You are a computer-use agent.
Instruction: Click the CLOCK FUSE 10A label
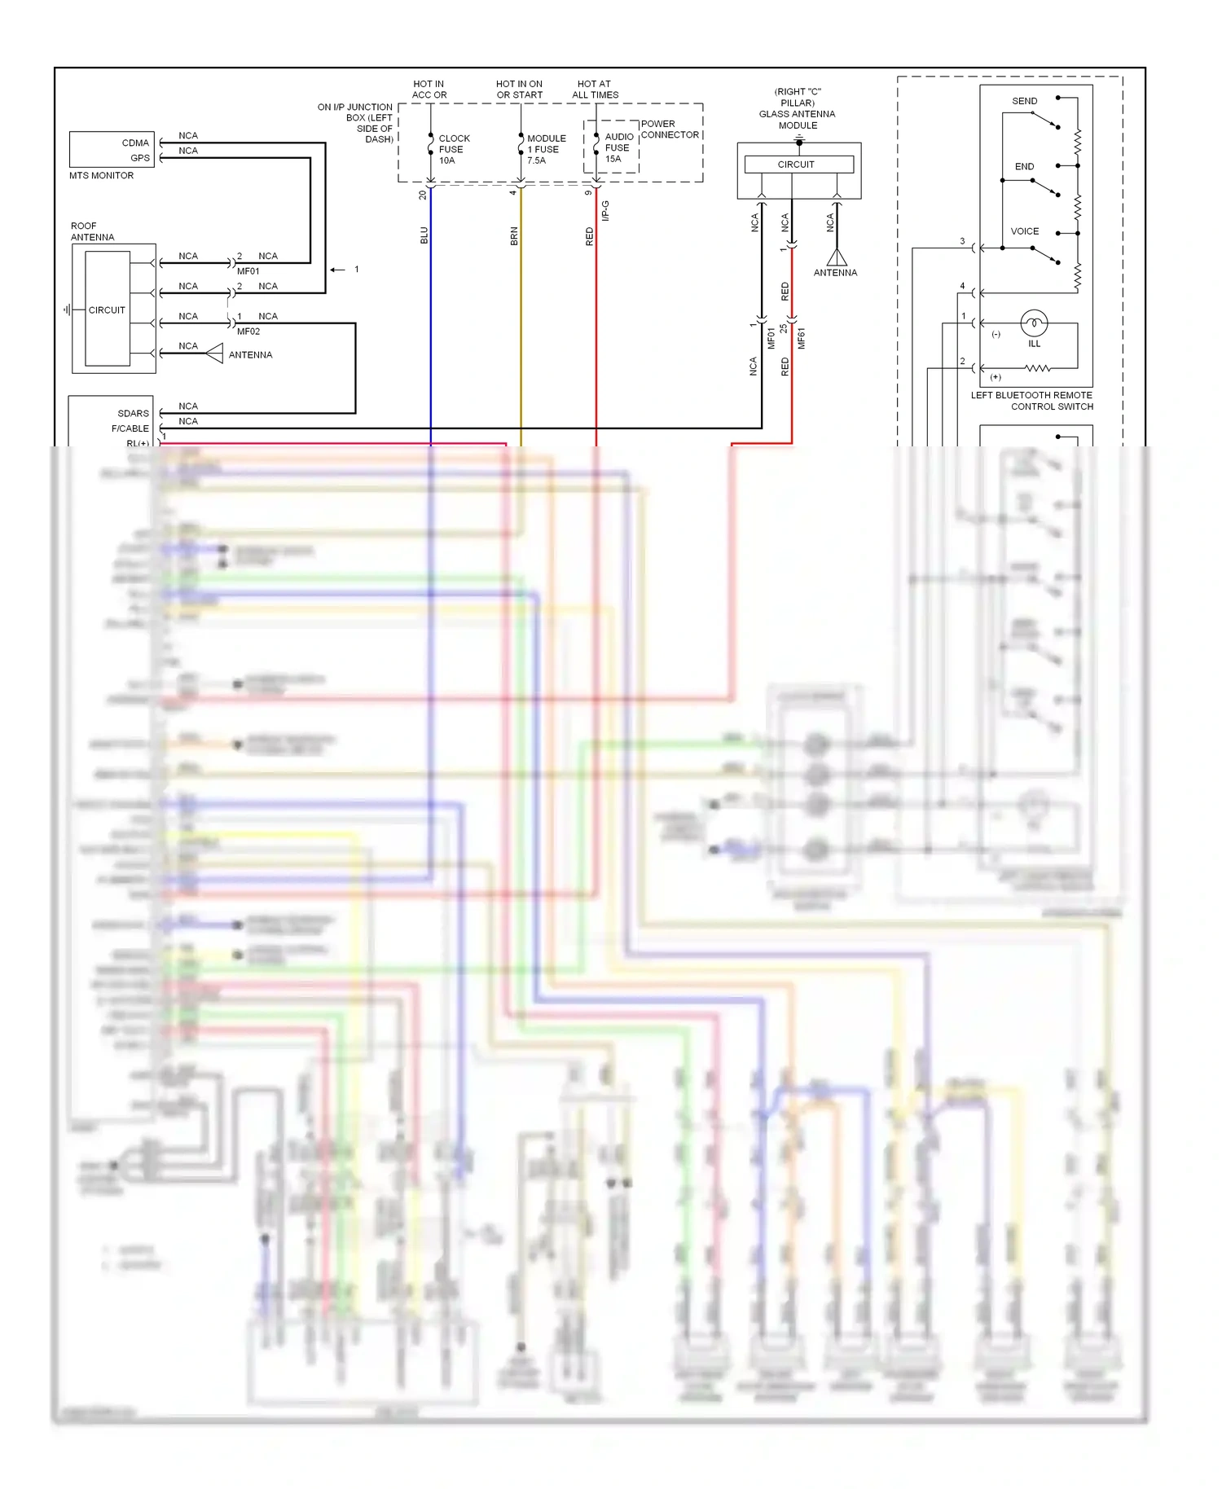[x=453, y=149]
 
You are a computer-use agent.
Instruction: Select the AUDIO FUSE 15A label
[x=618, y=147]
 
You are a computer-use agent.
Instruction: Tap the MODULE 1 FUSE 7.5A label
[x=545, y=149]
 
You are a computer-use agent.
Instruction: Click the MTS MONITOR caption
[x=101, y=176]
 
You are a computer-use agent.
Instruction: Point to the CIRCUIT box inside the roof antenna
[x=107, y=310]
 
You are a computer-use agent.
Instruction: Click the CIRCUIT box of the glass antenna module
[x=797, y=165]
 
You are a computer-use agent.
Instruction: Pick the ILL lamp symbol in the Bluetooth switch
[x=1034, y=323]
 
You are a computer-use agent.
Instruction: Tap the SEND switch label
[x=1024, y=101]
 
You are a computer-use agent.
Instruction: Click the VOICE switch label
[x=1024, y=231]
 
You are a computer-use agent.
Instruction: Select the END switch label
[x=1024, y=166]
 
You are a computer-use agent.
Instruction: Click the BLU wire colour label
[x=424, y=235]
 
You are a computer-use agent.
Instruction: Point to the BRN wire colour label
[x=514, y=236]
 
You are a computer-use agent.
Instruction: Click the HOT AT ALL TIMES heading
[x=595, y=90]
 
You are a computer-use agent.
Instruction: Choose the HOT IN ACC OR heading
[x=429, y=90]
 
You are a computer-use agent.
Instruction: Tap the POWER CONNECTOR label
[x=669, y=130]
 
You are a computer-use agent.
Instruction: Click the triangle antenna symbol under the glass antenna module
[x=837, y=258]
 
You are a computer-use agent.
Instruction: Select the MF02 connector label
[x=248, y=332]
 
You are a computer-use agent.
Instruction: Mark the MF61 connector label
[x=801, y=339]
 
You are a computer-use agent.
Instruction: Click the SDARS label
[x=134, y=413]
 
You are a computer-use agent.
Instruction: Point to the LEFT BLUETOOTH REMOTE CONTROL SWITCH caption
[x=1031, y=401]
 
